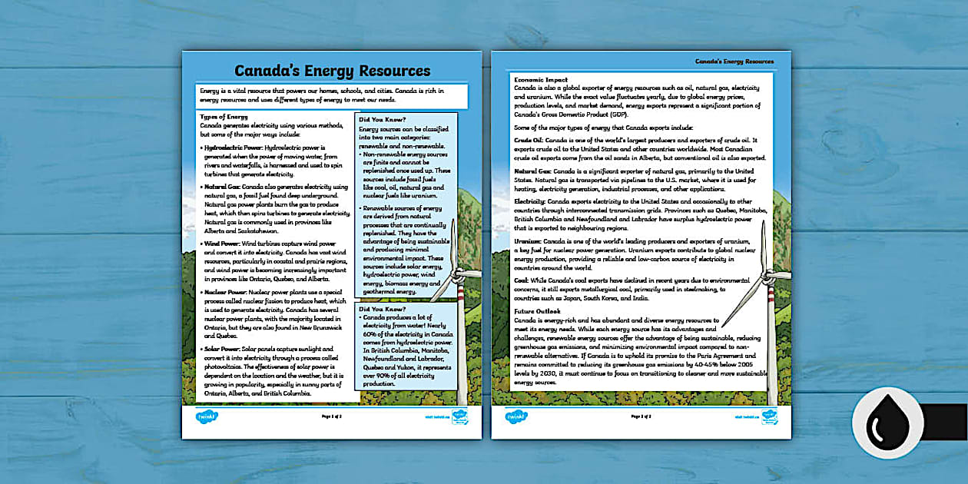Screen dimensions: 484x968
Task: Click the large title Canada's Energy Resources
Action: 332,71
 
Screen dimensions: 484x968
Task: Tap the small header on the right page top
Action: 734,61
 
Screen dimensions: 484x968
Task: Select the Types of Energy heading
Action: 224,117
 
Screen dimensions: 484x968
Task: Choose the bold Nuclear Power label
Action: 224,293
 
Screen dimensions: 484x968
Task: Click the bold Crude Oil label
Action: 528,141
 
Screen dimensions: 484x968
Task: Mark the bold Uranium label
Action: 528,240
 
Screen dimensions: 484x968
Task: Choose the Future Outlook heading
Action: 538,311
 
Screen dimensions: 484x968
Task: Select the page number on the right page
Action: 641,416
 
